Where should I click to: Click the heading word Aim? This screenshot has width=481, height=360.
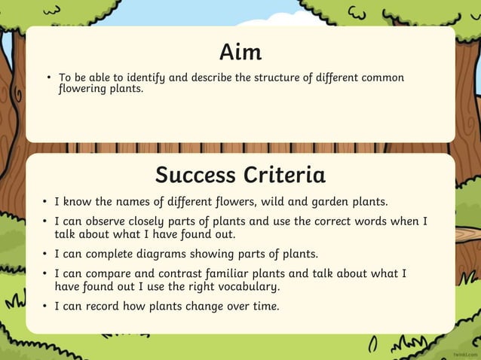[240, 52]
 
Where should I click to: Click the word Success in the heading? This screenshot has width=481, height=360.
[195, 175]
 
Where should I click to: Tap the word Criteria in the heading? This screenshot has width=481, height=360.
[284, 175]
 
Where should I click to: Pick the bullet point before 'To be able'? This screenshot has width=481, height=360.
[47, 78]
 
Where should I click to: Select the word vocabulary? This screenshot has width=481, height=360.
[242, 286]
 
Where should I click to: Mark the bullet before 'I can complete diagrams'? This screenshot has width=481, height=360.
[45, 254]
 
